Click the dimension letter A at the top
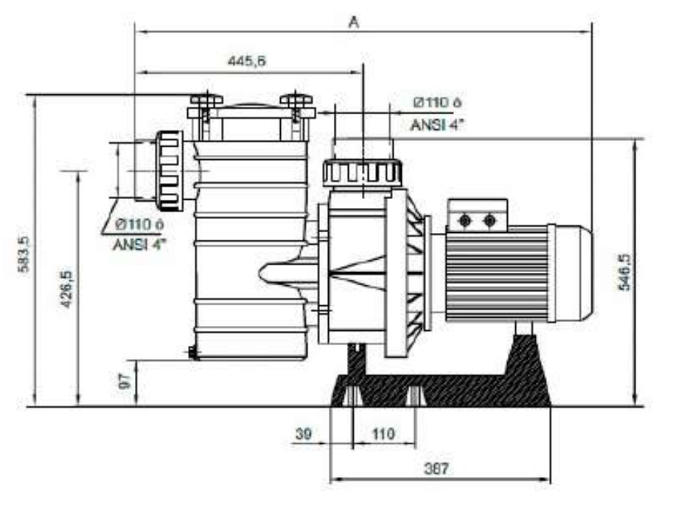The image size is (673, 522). click(x=354, y=22)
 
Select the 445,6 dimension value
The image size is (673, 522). click(x=246, y=62)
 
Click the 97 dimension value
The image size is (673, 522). click(x=125, y=381)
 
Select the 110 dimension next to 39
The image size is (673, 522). click(x=383, y=434)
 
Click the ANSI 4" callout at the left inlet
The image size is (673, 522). click(x=139, y=244)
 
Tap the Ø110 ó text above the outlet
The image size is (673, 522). click(x=437, y=102)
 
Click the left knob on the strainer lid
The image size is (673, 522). click(x=206, y=100)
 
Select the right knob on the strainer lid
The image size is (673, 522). click(x=296, y=100)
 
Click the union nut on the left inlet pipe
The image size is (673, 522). click(x=170, y=169)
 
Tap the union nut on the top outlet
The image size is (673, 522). click(x=362, y=173)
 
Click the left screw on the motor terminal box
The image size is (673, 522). click(x=465, y=220)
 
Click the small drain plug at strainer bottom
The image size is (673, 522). click(x=193, y=353)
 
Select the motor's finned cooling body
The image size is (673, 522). click(x=497, y=274)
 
